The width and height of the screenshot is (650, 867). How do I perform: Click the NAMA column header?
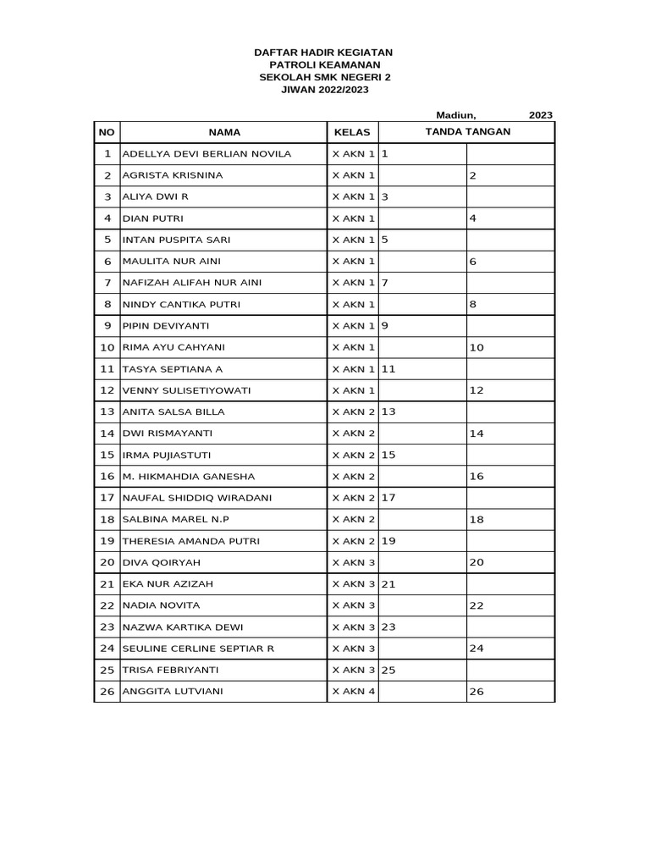point(224,132)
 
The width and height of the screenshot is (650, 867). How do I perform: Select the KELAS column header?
point(352,132)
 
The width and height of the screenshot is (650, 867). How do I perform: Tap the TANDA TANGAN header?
point(466,131)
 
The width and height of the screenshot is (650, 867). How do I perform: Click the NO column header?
point(107,132)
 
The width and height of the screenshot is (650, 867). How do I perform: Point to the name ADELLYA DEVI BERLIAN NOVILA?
point(207,154)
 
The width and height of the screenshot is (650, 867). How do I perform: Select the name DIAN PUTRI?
point(148,218)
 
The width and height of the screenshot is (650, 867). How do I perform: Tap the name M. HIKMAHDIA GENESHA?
point(189,477)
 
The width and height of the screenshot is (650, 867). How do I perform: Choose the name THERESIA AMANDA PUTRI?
point(191,541)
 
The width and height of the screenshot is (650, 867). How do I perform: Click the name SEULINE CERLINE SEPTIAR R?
point(199,649)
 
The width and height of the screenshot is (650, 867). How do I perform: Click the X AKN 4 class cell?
point(353,692)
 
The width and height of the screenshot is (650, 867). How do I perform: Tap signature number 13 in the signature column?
point(389,411)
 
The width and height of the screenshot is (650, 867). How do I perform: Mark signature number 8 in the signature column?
point(473,305)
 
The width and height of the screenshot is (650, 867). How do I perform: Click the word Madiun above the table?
point(456,114)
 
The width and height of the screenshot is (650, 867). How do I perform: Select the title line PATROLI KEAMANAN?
point(324,64)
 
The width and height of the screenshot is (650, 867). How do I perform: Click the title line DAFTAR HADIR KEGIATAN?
point(324,52)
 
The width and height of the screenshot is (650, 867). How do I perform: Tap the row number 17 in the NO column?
point(107,498)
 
